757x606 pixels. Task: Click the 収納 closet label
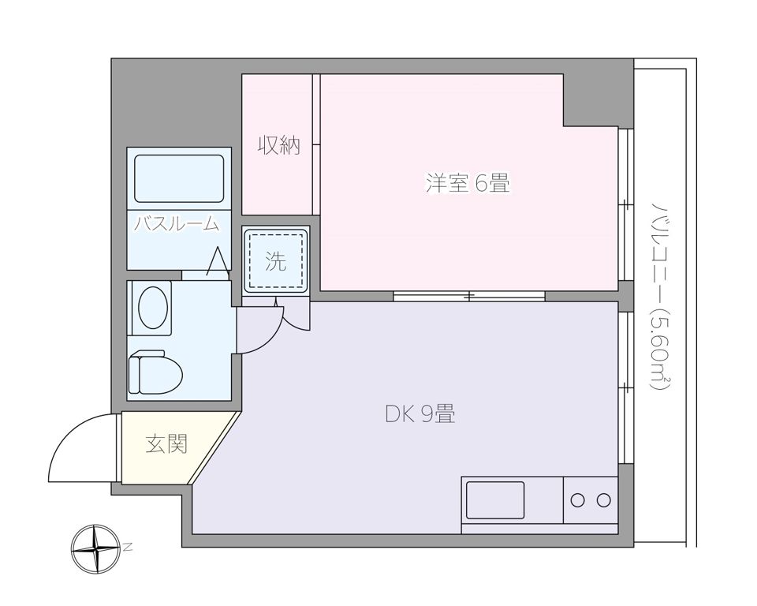coord(279,145)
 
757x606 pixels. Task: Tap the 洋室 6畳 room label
coord(468,185)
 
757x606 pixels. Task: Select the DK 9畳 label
coord(420,413)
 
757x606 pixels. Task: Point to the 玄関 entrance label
coord(166,444)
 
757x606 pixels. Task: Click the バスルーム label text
coord(175,223)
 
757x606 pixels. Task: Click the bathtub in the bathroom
coord(179,178)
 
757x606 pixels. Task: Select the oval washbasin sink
coord(154,306)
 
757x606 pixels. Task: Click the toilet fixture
coord(155,370)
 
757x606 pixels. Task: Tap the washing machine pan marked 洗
coord(275,261)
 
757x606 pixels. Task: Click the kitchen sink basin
coord(494,499)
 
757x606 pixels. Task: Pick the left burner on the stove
coord(578,499)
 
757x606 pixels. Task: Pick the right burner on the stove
coord(603,499)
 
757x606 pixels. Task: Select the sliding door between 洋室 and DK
coord(469,296)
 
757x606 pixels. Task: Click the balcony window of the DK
coord(625,387)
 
